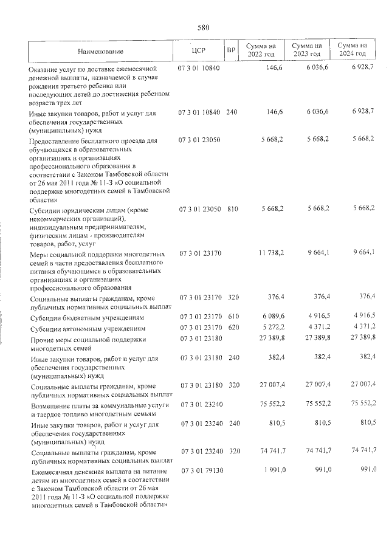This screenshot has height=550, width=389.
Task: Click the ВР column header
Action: pyautogui.click(x=231, y=50)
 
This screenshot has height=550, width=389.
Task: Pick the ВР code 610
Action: pyautogui.click(x=232, y=317)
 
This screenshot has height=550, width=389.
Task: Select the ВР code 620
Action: pyautogui.click(x=232, y=328)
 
